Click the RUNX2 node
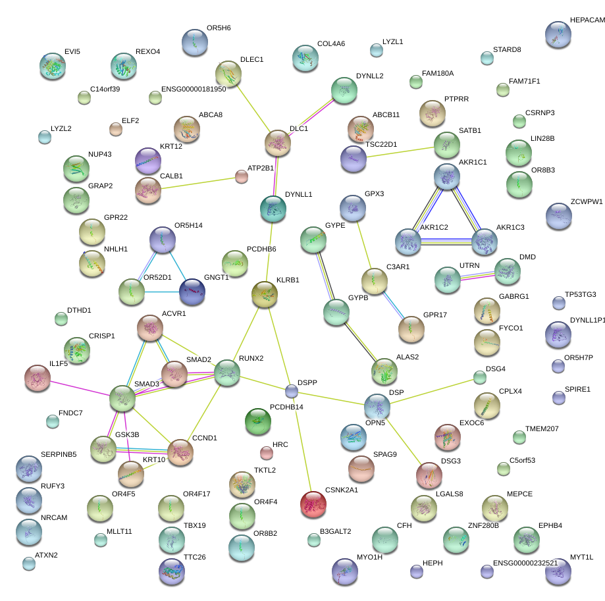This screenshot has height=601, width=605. [x=227, y=372]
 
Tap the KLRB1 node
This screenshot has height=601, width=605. [x=265, y=294]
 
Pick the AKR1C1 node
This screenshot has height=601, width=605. [x=447, y=176]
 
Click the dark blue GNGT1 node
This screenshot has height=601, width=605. [x=192, y=292]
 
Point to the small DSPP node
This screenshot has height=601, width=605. [x=292, y=392]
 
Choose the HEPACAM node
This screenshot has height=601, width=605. [x=558, y=34]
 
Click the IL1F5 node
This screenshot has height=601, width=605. [x=37, y=377]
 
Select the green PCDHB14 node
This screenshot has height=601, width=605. [x=257, y=421]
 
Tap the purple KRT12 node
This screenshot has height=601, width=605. [x=147, y=160]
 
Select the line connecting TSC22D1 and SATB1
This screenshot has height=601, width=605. [x=400, y=151]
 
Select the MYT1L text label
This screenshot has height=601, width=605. [x=582, y=557]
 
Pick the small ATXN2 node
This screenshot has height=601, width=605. [x=28, y=563]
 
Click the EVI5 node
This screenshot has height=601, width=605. [x=53, y=66]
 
